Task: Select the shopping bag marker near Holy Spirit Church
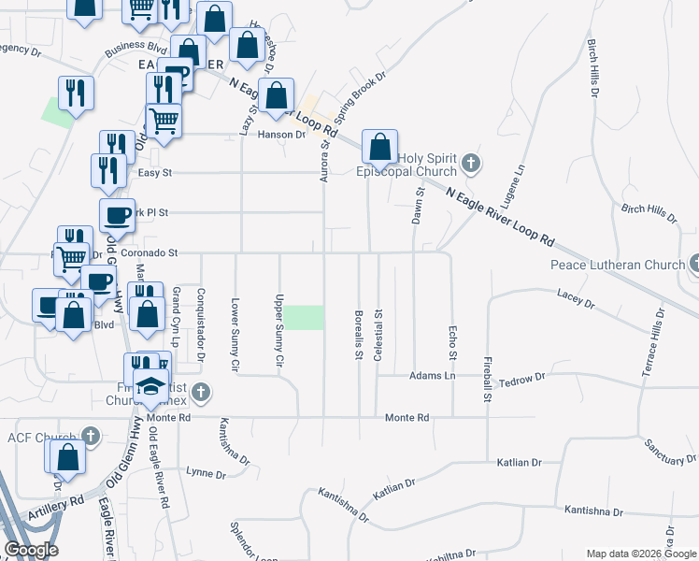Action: (x=379, y=148)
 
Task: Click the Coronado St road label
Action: (x=149, y=252)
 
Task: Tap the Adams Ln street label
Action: (x=430, y=376)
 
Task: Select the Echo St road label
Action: (x=452, y=343)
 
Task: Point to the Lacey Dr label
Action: (x=576, y=299)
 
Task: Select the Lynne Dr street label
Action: (x=207, y=471)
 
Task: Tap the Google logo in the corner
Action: (x=31, y=550)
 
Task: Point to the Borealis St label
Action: (x=359, y=334)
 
